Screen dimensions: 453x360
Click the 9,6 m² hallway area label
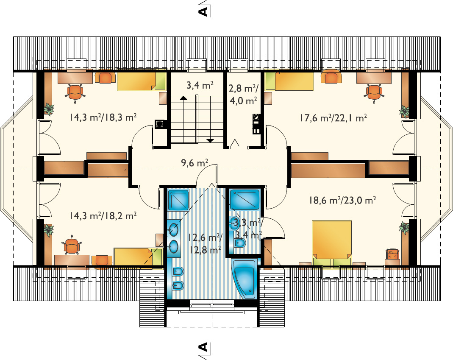tap(195, 163)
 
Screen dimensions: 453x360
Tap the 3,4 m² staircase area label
tap(200, 85)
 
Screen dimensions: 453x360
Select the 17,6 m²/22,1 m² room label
tap(333, 118)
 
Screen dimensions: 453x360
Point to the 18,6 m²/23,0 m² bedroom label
tap(342, 201)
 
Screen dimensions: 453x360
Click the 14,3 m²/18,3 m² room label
tap(103, 117)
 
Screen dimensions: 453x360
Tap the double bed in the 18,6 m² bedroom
tap(332, 243)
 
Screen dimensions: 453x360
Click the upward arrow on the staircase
tap(183, 98)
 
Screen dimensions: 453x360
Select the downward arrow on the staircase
tap(210, 140)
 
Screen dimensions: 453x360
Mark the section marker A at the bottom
tap(204, 348)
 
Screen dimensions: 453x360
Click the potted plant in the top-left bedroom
tap(49, 109)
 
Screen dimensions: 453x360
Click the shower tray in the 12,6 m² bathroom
tap(178, 200)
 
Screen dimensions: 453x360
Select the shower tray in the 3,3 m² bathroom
tap(245, 199)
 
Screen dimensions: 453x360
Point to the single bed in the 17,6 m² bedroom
tap(289, 81)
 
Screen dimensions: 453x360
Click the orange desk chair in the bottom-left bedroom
tap(71, 246)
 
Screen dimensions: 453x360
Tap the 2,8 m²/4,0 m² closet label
tap(243, 94)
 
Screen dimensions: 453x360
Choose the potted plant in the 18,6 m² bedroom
tap(404, 228)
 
